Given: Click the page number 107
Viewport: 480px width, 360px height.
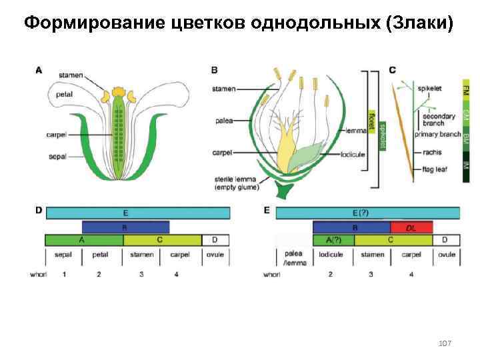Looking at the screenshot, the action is click(x=445, y=343).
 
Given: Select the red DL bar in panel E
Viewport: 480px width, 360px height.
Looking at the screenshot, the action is click(x=411, y=227).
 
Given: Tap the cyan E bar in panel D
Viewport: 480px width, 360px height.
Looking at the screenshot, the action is click(x=137, y=213).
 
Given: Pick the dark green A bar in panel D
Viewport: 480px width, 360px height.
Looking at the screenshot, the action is click(x=84, y=240).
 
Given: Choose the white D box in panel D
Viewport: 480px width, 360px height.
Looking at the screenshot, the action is click(x=215, y=240).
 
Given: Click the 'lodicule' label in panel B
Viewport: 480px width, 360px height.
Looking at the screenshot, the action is click(x=353, y=154).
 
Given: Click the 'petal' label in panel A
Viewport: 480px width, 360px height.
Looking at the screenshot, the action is click(x=65, y=95).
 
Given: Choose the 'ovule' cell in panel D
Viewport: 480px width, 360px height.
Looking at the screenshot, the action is click(x=215, y=254).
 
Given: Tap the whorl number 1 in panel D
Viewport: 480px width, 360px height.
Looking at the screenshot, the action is click(x=65, y=274).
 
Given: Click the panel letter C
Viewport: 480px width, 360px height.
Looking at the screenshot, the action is click(x=392, y=69).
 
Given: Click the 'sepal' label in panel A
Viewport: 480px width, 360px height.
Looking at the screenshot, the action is click(x=57, y=157).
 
